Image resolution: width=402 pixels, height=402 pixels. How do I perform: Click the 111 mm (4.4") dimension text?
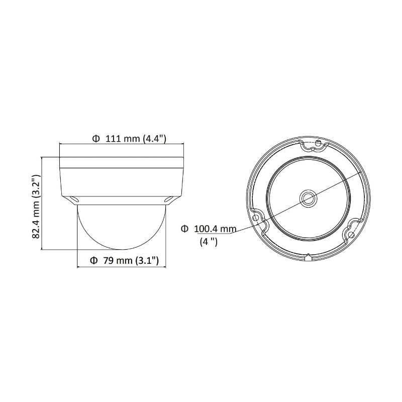click(x=136, y=139)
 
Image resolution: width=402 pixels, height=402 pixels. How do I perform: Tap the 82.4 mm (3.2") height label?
click(x=36, y=207)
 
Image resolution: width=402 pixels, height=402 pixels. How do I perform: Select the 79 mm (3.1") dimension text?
click(x=131, y=260)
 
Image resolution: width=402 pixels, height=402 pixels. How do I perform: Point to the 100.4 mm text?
click(x=215, y=229)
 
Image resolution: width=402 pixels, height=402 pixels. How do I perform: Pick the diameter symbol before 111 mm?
click(x=95, y=139)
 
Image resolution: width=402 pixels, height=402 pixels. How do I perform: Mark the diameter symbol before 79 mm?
click(x=93, y=260)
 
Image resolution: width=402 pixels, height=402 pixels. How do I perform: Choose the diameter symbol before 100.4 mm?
click(x=184, y=229)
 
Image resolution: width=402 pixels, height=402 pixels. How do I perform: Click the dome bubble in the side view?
click(x=121, y=226)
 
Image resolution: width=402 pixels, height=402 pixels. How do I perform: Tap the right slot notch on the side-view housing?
click(x=167, y=199)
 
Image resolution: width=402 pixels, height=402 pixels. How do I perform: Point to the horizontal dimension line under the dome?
click(x=121, y=268)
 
